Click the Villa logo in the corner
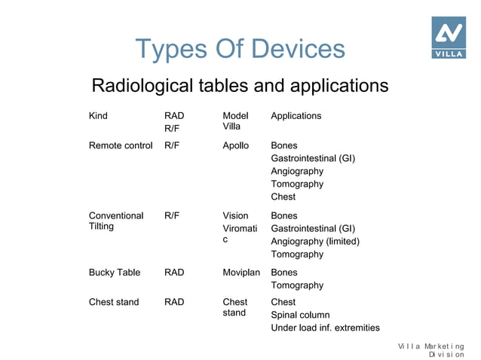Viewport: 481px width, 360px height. pyautogui.click(x=448, y=37)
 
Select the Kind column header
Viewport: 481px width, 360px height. pyautogui.click(x=98, y=116)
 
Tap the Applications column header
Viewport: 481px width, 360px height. pyautogui.click(x=296, y=116)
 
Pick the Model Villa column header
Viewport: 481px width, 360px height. pyautogui.click(x=235, y=121)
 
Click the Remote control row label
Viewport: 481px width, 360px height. pyautogui.click(x=121, y=145)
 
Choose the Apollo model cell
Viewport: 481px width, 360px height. pyautogui.click(x=235, y=145)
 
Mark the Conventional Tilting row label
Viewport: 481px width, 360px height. pyautogui.click(x=116, y=221)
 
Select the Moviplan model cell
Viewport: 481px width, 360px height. pyautogui.click(x=241, y=273)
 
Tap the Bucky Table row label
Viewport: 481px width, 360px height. pyautogui.click(x=115, y=273)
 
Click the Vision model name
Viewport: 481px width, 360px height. pyautogui.click(x=235, y=216)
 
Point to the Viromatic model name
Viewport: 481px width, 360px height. pyautogui.click(x=239, y=234)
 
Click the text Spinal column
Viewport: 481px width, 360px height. pyautogui.click(x=300, y=315)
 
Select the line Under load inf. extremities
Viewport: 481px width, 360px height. pyautogui.click(x=325, y=328)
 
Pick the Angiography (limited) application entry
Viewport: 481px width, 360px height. pyautogui.click(x=315, y=242)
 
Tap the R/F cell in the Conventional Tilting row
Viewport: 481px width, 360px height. pyautogui.click(x=172, y=216)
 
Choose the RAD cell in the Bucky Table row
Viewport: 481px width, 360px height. pyautogui.click(x=174, y=273)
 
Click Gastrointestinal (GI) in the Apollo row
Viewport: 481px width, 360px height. pyautogui.click(x=313, y=158)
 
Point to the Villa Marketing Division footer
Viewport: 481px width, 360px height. pyautogui.click(x=431, y=349)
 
